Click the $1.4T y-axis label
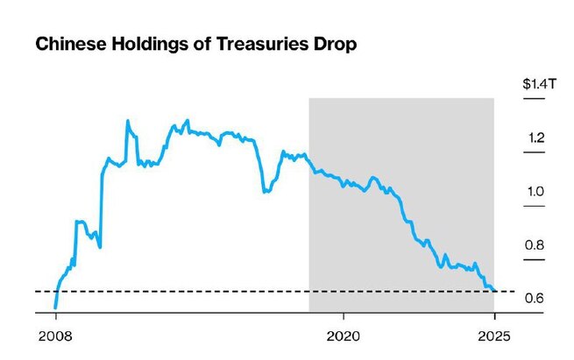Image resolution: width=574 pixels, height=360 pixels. (x=535, y=85)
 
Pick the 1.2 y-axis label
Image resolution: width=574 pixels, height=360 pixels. (x=537, y=138)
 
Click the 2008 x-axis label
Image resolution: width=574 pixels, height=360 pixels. (x=56, y=335)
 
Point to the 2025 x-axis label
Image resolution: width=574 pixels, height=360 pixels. (x=494, y=335)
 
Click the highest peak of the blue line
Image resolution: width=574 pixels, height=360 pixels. (x=127, y=121)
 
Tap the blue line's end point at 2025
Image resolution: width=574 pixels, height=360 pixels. (x=494, y=290)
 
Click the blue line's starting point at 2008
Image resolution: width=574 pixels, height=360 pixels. (x=55, y=307)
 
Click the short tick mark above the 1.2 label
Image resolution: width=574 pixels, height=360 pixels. (x=534, y=153)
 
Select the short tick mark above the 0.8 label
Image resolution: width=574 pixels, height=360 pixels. (x=534, y=260)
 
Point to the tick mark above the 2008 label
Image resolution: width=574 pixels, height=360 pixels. (x=55, y=317)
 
